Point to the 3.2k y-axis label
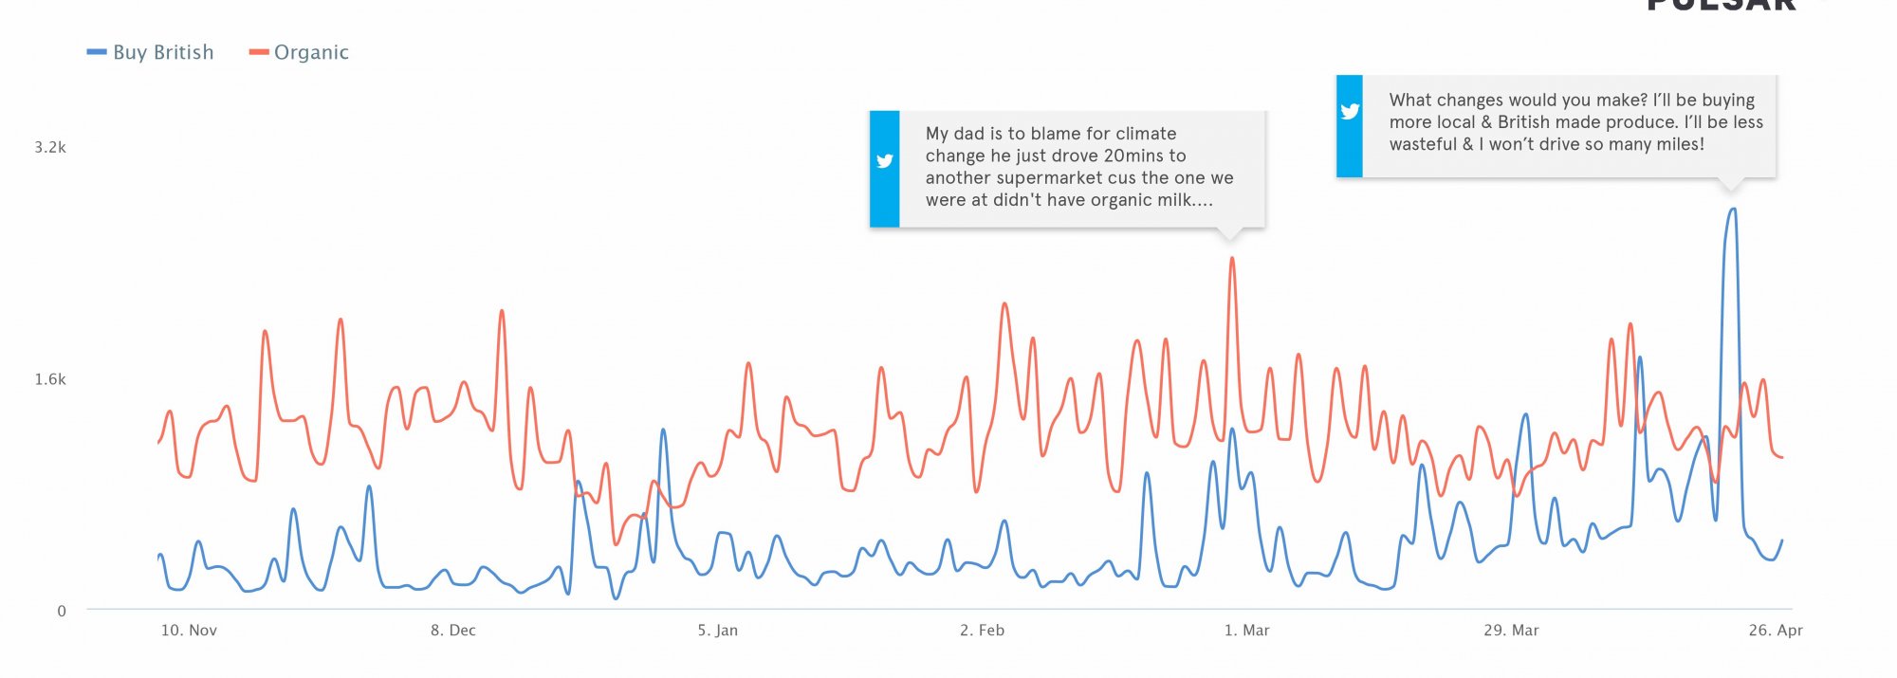click(x=50, y=147)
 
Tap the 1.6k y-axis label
click(x=50, y=379)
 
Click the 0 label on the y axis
click(x=62, y=611)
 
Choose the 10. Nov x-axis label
click(x=189, y=631)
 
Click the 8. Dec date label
click(x=453, y=631)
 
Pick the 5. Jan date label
click(x=718, y=631)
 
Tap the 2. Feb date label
click(x=982, y=631)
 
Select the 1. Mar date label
click(x=1246, y=631)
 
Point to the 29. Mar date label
click(x=1511, y=631)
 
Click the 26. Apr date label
click(x=1776, y=631)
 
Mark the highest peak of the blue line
click(x=1733, y=210)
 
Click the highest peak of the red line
click(x=1231, y=258)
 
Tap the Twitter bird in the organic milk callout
click(x=885, y=161)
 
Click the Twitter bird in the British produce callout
click(x=1350, y=111)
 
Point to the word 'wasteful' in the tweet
click(x=1423, y=144)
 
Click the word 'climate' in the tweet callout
click(x=1146, y=134)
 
